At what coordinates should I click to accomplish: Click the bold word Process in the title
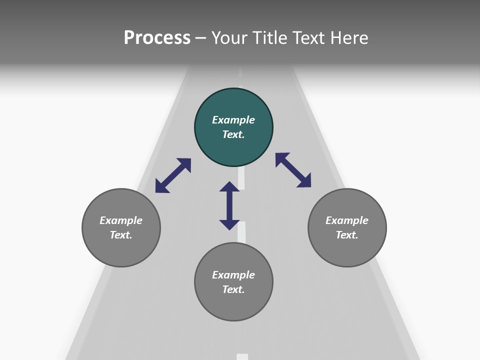tap(157, 38)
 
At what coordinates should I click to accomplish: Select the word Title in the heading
tap(269, 38)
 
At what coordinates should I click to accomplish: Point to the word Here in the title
tap(349, 38)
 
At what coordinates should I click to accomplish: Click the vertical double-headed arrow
tap(229, 205)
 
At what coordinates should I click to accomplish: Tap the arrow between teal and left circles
tap(173, 175)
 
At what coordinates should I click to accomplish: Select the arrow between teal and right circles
tap(293, 170)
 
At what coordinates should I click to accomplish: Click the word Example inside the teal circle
tap(233, 120)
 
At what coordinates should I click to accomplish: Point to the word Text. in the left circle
tap(121, 235)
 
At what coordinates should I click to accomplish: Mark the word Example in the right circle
tap(347, 220)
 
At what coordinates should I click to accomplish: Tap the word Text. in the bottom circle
tap(233, 289)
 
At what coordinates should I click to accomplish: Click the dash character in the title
tap(201, 38)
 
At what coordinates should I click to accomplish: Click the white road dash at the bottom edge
tap(242, 356)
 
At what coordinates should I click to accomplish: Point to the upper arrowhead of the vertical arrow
tap(229, 186)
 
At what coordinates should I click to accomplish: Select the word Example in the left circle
tap(121, 220)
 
